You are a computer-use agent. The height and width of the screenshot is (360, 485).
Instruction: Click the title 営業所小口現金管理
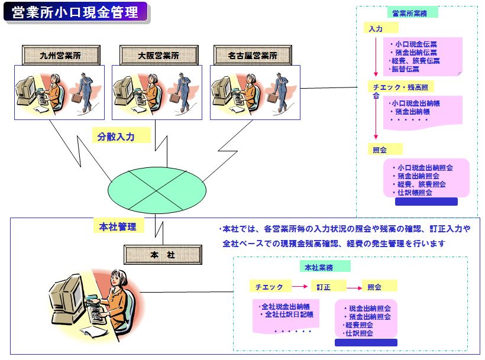[x=75, y=12]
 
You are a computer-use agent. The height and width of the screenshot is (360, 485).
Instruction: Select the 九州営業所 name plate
[x=62, y=56]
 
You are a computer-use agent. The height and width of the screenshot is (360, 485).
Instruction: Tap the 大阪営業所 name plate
[x=159, y=56]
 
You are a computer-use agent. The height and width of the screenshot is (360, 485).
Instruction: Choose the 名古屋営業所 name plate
[x=253, y=56]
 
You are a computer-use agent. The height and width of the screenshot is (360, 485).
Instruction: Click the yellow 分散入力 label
[x=121, y=135]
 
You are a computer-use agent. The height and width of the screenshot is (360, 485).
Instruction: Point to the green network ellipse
[x=157, y=190]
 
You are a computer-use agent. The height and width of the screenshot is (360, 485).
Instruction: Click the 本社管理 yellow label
[x=119, y=226]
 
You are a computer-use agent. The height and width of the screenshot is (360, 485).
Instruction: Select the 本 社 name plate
[x=163, y=255]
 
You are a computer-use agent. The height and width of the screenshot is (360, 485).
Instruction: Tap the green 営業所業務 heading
[x=412, y=13]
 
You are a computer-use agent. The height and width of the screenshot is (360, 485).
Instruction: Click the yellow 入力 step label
[x=380, y=28]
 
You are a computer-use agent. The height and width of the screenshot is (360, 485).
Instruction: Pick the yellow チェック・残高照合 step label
[x=401, y=87]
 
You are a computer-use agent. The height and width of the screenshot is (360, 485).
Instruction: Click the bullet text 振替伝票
[x=405, y=69]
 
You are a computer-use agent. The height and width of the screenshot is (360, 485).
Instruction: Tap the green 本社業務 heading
[x=325, y=267]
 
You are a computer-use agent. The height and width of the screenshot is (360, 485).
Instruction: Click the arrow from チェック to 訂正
[x=300, y=287]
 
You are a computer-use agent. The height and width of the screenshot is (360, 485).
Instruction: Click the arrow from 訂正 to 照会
[x=354, y=288]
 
